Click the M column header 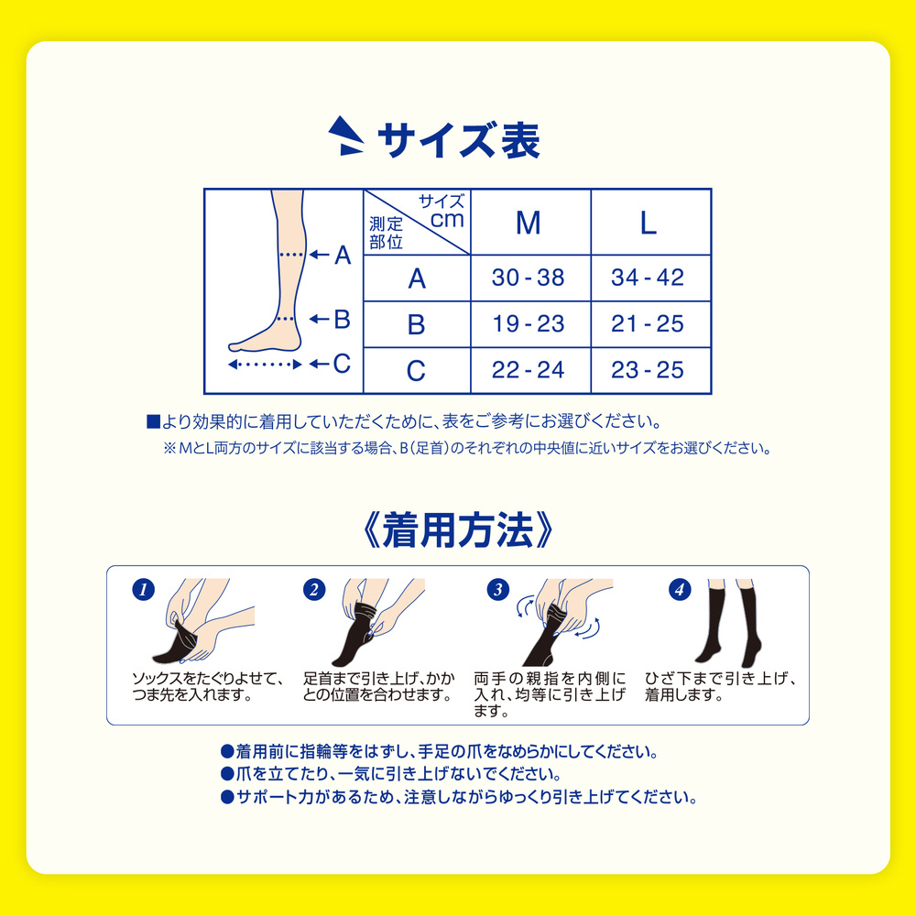[x=529, y=223]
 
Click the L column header [x=648, y=223]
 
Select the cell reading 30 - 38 [x=529, y=278]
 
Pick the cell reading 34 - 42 [x=648, y=278]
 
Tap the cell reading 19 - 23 [x=529, y=323]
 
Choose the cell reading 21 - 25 [x=648, y=323]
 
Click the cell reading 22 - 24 [x=529, y=370]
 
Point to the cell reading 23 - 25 [x=648, y=370]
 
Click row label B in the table [x=416, y=324]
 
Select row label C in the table [x=416, y=370]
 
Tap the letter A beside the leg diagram [x=343, y=256]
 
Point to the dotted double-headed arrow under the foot [x=265, y=365]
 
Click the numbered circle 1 [x=143, y=589]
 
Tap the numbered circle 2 [x=314, y=589]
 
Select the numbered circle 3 [x=498, y=589]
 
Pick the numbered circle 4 [x=680, y=589]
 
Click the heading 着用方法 [x=457, y=531]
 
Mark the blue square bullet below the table [x=153, y=421]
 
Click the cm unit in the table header [x=447, y=220]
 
